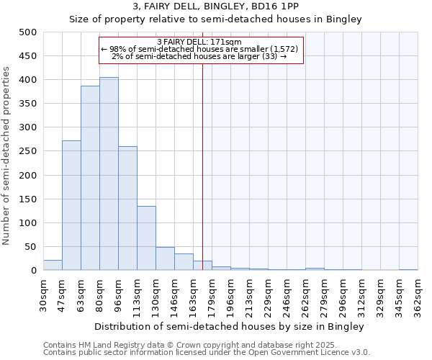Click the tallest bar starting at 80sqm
coord(109,174)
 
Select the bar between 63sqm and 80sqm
coord(90,178)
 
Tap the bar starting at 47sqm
coord(71,205)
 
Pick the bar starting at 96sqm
coord(127,208)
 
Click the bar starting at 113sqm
coord(146,238)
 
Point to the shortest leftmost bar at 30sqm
coord(53,265)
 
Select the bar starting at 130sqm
coord(165,258)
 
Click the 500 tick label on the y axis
coord(28,32)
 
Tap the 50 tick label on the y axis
coord(31,247)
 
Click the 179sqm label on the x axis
coord(212,295)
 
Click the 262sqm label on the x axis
coord(306,295)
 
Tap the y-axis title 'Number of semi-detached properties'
coord(7,156)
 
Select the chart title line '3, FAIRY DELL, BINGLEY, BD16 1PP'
coord(215,6)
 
